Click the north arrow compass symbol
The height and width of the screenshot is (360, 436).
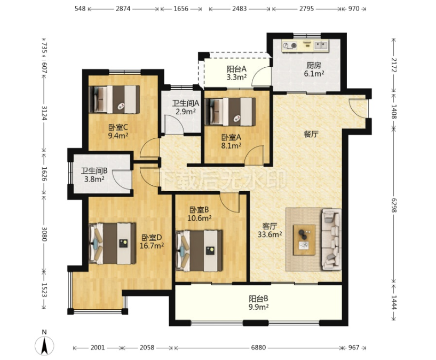44,345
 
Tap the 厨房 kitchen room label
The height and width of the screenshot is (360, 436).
314,65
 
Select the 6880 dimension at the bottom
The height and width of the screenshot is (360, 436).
258,348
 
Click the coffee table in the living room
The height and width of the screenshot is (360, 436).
304,240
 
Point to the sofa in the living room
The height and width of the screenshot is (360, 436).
331,239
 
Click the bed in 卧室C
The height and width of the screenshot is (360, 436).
114,99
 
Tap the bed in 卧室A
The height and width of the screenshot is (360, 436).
230,112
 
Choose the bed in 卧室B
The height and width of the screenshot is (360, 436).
199,251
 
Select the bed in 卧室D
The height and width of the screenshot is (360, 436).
113,244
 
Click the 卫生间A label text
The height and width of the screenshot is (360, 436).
186,104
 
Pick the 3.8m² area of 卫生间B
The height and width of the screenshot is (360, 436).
94,179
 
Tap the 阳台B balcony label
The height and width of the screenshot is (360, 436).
259,299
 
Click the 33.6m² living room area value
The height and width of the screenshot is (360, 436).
269,234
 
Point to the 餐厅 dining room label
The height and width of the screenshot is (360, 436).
311,134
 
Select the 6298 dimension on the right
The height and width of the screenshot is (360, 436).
394,205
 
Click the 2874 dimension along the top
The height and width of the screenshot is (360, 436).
123,9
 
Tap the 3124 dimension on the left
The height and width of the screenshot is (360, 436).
44,113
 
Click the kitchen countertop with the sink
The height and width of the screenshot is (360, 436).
305,45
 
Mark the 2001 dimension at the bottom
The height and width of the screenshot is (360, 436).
98,348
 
